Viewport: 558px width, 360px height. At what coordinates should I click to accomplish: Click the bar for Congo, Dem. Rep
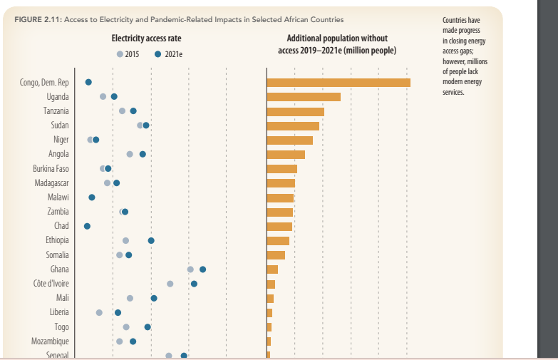pos(339,82)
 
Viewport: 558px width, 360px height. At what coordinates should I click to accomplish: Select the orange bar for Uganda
pos(304,96)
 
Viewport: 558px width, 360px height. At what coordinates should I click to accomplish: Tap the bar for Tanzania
pos(295,111)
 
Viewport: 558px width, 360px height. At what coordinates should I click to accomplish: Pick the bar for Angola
pos(286,155)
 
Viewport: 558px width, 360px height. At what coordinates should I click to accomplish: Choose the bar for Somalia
pos(276,255)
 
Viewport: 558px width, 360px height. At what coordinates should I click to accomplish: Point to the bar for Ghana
pos(272,269)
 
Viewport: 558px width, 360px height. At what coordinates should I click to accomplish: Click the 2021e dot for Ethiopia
pos(151,241)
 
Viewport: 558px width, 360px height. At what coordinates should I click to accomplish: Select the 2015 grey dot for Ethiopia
pos(125,241)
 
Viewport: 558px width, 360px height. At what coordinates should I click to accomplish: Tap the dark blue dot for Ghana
pos(203,269)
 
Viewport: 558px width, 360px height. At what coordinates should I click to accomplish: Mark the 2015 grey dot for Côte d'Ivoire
pos(170,284)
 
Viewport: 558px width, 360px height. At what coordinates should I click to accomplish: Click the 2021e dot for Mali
pos(154,298)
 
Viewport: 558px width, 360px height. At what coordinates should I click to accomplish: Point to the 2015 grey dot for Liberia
pos(99,312)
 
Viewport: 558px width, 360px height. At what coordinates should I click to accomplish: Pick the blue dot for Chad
pos(87,226)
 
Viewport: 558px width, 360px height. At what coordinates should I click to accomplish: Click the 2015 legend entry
pos(128,54)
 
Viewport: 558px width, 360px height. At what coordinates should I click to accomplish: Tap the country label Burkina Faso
pos(51,169)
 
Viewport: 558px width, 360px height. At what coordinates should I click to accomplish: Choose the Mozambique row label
pos(50,341)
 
